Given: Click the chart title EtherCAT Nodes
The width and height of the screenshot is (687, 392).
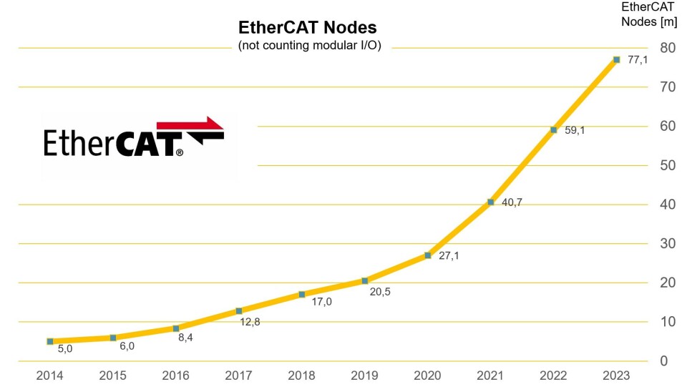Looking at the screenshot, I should [307, 28].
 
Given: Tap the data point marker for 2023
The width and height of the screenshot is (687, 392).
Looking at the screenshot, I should [616, 59].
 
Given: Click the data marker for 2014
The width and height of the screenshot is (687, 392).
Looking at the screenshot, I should [50, 341].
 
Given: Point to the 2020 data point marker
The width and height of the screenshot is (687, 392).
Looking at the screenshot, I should [427, 255].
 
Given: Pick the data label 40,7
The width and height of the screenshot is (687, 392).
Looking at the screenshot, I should [512, 202].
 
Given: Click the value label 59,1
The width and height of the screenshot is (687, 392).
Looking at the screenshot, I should [575, 130].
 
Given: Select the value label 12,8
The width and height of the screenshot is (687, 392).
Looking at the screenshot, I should [250, 321].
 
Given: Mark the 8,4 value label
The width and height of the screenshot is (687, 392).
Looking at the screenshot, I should [185, 337].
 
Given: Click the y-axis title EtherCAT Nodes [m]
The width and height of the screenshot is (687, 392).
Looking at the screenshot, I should [649, 14].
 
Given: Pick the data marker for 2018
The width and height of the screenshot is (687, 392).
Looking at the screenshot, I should [302, 294].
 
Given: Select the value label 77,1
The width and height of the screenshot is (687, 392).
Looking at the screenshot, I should [638, 60].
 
